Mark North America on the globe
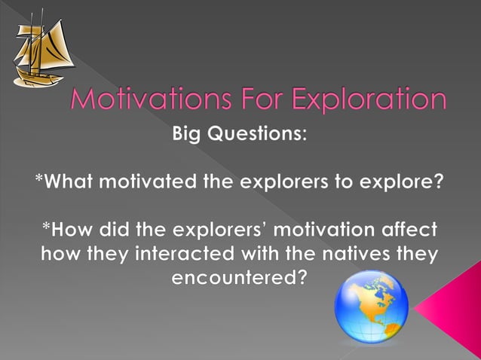coord(360,300)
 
